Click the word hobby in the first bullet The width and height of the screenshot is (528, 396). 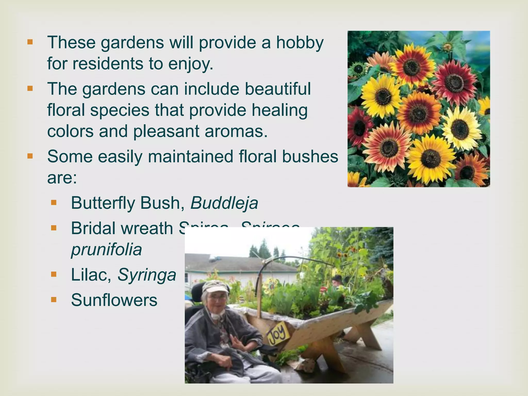pos(300,43)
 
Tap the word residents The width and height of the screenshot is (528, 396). pos(107,64)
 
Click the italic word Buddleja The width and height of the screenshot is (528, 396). pos(224,203)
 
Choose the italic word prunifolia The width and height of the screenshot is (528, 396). pos(106,250)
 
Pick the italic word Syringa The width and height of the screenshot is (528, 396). pos(147,275)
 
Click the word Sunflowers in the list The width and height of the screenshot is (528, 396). pos(114,300)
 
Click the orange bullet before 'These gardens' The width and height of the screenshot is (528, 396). pos(30,42)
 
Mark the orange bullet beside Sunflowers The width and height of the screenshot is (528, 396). pos(54,300)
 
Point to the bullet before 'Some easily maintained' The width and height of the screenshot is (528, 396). pos(30,156)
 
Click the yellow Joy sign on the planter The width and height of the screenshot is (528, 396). pos(277,334)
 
